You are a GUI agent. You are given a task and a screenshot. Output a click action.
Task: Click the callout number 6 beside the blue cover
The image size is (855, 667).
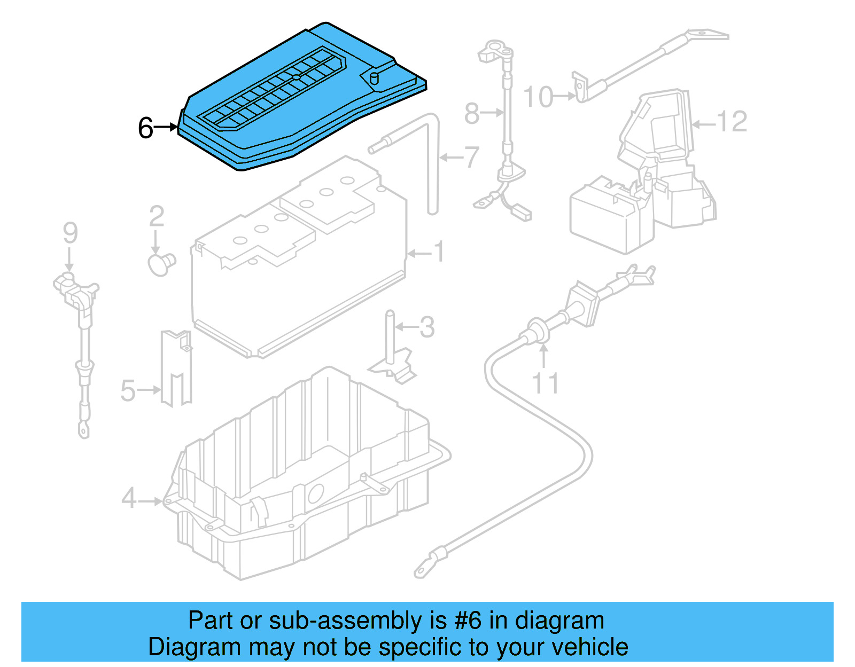145,128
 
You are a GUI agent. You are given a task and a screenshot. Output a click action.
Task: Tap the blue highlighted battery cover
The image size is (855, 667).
299,101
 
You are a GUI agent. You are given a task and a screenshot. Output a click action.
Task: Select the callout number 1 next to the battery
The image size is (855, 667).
439,252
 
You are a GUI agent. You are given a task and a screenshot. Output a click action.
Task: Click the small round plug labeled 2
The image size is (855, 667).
160,264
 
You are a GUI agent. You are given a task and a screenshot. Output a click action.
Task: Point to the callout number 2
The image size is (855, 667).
156,216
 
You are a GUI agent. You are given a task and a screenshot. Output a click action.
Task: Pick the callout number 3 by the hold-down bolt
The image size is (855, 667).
426,327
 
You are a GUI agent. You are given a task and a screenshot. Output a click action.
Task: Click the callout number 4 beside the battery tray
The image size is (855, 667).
129,499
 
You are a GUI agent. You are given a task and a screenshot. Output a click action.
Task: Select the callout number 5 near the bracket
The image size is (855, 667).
128,390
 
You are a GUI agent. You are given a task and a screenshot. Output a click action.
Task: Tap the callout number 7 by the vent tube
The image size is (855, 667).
471,158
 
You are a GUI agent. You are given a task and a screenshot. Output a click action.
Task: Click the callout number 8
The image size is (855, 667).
471,113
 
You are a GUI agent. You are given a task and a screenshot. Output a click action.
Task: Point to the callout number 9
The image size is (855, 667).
70,233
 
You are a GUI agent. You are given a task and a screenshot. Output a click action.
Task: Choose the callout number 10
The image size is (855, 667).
538,97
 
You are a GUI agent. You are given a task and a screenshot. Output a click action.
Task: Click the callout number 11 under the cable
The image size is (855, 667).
545,384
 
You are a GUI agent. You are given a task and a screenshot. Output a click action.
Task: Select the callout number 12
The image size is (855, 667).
731,122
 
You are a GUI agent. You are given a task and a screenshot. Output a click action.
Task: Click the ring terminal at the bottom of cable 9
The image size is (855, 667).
84,429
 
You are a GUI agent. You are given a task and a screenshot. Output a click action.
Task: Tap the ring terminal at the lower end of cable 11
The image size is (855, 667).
422,571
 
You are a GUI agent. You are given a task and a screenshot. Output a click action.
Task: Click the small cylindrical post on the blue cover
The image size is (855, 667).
374,79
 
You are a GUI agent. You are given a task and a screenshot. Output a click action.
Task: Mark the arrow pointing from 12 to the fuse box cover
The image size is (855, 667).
703,124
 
